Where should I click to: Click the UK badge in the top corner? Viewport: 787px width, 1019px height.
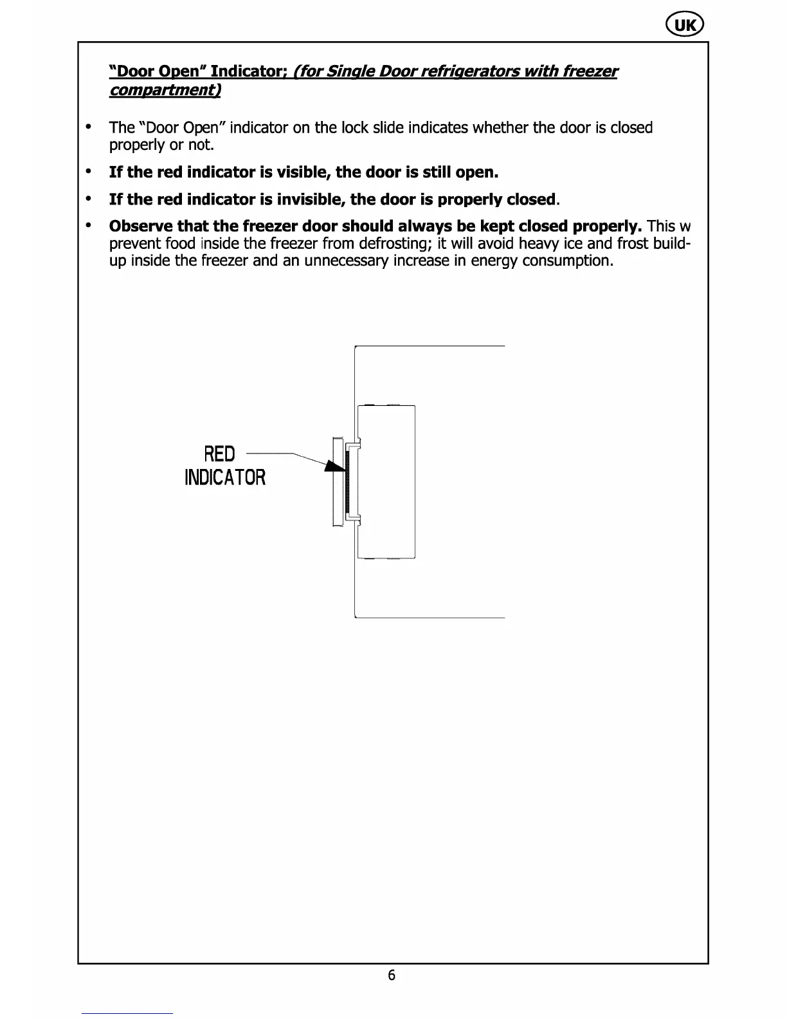(685, 25)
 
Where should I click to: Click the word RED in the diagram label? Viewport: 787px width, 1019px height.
(219, 454)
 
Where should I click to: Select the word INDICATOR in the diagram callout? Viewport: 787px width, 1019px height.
(225, 478)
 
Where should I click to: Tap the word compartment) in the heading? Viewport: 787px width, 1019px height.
(165, 90)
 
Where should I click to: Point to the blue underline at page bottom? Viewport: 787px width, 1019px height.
(127, 1013)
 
